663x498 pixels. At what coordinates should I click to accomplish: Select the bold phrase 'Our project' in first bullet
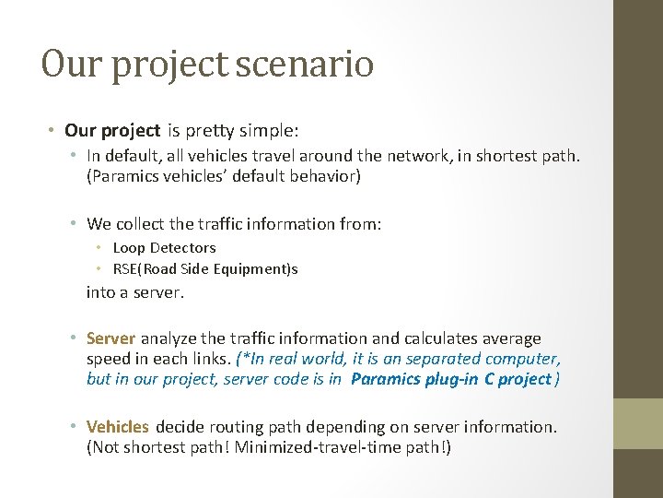[x=112, y=131]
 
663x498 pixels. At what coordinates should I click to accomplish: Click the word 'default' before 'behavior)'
[x=276, y=176]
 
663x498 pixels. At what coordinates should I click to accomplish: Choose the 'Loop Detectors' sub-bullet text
[x=164, y=247]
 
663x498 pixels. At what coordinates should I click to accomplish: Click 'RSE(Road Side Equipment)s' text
[x=205, y=269]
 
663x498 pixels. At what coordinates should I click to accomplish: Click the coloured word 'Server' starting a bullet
[x=110, y=338]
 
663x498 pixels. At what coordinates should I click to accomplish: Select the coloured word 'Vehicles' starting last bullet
[x=117, y=426]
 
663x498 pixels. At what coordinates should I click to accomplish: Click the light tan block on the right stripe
[x=638, y=422]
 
